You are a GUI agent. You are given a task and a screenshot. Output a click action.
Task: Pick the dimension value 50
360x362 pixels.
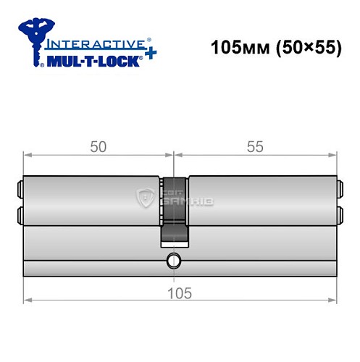(x=99, y=146)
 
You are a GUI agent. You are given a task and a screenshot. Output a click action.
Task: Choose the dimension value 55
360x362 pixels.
(x=255, y=146)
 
